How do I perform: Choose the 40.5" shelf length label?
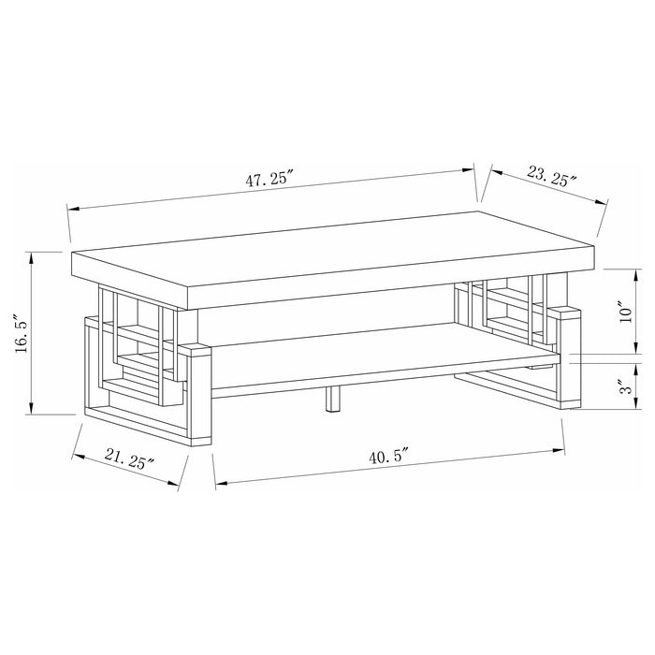(x=390, y=458)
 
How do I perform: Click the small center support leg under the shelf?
(x=331, y=400)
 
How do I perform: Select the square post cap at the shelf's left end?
(x=196, y=350)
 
